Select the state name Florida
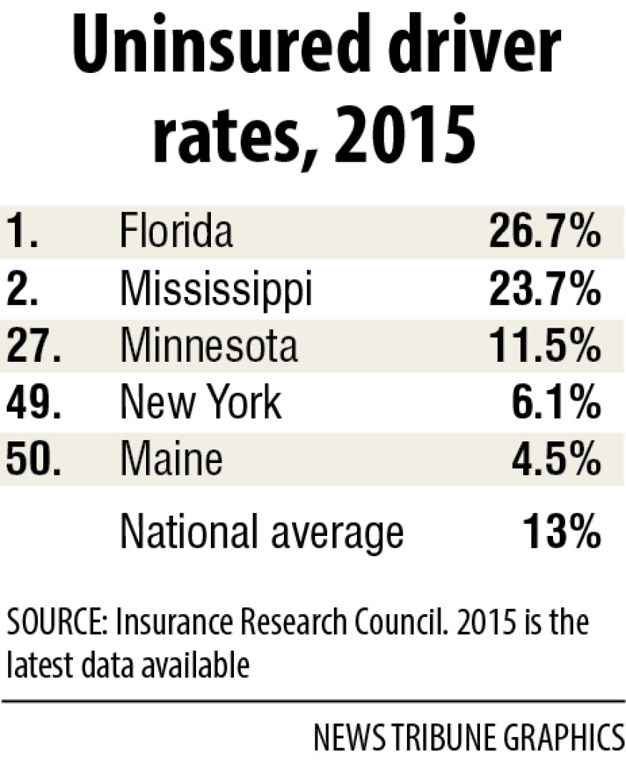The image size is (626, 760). [x=176, y=231]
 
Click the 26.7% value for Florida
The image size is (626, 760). [x=545, y=232]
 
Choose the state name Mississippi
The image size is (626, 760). [x=215, y=289]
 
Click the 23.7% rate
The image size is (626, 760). [x=545, y=288]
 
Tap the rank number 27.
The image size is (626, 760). [x=33, y=345]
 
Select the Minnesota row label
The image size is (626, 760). [x=209, y=345]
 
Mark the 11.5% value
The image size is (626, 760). [x=545, y=345]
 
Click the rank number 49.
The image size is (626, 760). [x=33, y=403]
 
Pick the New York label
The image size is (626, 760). [x=201, y=403]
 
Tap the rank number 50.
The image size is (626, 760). [x=33, y=459]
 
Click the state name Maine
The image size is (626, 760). [x=171, y=459]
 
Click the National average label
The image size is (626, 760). [x=262, y=531]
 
